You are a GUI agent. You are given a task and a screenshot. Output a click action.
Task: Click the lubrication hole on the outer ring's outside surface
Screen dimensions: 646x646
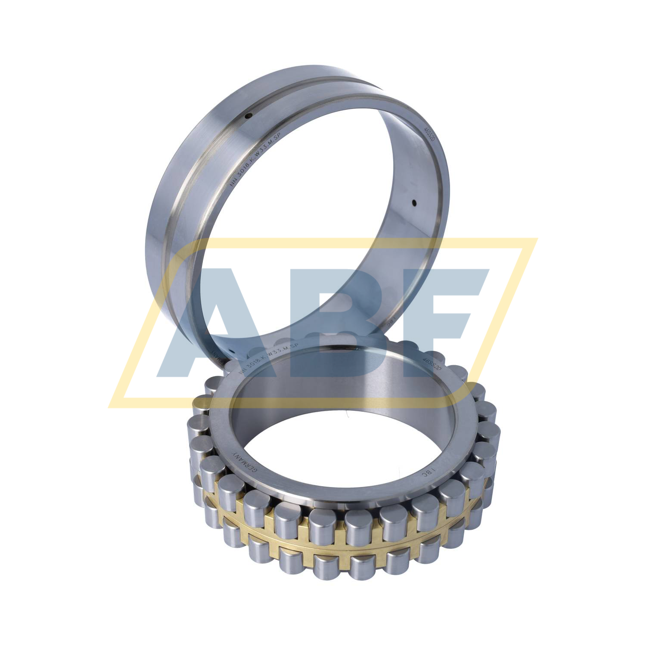pyautogui.click(x=249, y=115)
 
